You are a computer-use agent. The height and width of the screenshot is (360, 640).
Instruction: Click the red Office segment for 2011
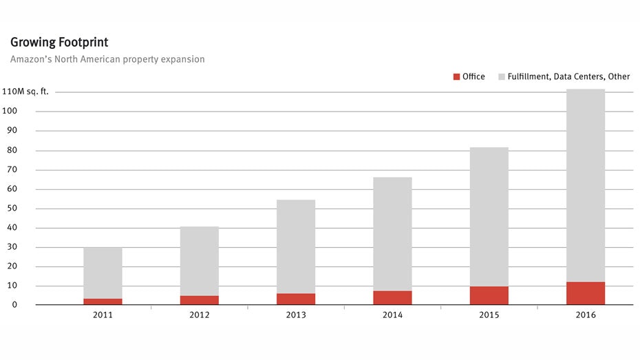point(103,301)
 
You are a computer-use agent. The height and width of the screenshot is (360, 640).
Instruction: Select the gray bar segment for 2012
point(200,261)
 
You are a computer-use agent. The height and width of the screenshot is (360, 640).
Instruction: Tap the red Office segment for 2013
point(296,299)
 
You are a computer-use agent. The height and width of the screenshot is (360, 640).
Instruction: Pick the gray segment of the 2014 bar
point(393,234)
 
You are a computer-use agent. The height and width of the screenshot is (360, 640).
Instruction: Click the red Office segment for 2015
point(489,295)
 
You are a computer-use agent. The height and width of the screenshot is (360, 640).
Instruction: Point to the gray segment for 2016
point(586,185)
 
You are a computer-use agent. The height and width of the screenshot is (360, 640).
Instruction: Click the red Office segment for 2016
point(586,293)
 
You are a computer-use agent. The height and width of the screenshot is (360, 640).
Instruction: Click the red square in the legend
point(456,77)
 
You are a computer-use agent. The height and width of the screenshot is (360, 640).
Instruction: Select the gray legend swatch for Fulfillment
point(502,77)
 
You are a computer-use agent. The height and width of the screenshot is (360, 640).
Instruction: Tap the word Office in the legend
point(473,77)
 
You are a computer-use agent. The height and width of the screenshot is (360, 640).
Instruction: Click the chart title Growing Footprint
point(59,43)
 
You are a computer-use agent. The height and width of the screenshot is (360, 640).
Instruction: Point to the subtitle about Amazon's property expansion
point(107,59)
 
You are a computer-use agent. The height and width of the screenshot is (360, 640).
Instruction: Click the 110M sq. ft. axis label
point(25,92)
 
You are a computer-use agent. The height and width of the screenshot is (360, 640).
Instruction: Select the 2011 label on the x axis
point(103,315)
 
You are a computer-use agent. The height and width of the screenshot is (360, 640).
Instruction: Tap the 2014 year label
point(393,315)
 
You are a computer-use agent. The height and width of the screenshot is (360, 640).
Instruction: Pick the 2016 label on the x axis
point(586,315)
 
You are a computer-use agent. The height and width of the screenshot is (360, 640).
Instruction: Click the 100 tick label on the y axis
point(12,111)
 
